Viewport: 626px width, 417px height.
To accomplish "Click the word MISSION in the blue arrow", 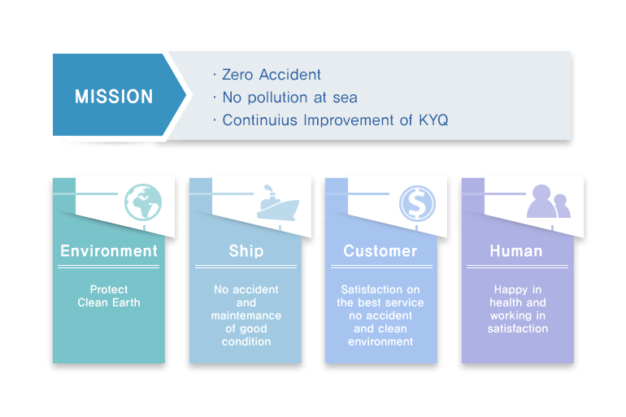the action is [114, 97].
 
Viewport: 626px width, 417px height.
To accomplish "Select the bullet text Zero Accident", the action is [272, 75].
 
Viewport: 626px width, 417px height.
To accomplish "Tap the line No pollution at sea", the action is [290, 98].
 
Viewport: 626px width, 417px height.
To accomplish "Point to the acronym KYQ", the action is [433, 120].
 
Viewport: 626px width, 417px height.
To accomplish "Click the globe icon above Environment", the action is [143, 202].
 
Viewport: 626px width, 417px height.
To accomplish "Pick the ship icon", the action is [278, 203].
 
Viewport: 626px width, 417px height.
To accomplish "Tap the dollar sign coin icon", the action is [417, 203].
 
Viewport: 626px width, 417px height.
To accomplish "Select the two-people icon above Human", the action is [549, 201].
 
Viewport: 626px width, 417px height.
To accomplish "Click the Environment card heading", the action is [109, 251].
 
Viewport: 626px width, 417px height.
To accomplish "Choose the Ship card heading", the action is [246, 251].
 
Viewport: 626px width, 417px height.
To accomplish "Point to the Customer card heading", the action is [380, 251].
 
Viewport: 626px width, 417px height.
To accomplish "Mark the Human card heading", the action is [516, 251].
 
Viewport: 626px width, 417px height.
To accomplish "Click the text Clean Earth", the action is [109, 302].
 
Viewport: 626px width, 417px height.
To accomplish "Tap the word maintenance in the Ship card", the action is [246, 315].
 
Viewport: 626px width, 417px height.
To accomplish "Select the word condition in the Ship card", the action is [246, 341].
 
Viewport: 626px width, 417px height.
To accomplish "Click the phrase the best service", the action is [380, 302].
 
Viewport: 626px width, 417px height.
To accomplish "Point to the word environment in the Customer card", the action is [380, 341].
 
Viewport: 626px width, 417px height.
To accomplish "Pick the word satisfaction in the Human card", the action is [518, 328].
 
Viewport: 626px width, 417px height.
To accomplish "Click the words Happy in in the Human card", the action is [518, 289].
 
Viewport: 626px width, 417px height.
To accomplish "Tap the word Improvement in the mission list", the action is [349, 120].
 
